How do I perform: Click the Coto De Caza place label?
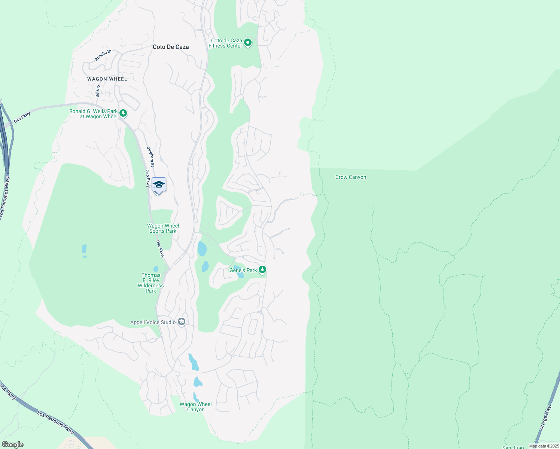[171, 47]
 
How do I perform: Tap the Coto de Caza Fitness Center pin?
[247, 43]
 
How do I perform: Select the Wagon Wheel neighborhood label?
[107, 79]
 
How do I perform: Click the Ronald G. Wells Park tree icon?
[123, 113]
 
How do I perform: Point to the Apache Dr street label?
[103, 55]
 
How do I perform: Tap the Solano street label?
[98, 91]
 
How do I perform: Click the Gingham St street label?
[150, 156]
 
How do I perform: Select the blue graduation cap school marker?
[159, 185]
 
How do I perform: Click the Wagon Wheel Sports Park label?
[163, 228]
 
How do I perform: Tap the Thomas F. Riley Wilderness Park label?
[151, 283]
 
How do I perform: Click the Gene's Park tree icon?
[262, 269]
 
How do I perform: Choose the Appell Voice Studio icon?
[182, 322]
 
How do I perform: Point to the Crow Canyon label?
[351, 177]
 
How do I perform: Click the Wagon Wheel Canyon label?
[195, 407]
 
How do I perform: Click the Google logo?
[13, 445]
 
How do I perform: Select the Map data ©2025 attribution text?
[544, 446]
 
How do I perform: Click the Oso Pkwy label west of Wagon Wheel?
[22, 118]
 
